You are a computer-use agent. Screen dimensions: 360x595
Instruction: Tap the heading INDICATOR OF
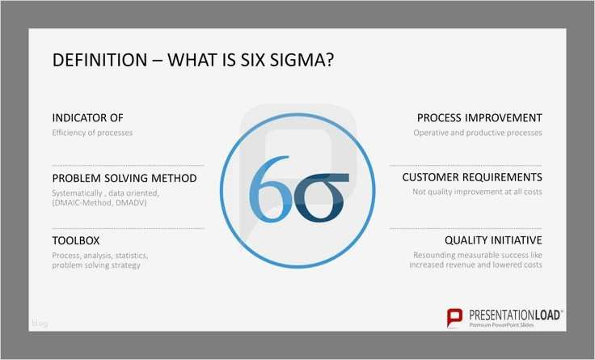(x=87, y=117)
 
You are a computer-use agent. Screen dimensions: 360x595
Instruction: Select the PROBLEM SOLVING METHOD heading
(x=124, y=178)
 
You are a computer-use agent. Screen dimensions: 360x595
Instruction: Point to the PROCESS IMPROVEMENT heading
(x=479, y=117)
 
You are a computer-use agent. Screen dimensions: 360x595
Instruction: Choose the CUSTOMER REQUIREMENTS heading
(x=472, y=177)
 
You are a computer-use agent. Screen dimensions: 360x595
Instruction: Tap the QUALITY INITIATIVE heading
(x=493, y=240)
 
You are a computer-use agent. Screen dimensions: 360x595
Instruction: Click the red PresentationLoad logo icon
(x=456, y=316)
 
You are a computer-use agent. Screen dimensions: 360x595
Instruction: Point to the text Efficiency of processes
(x=92, y=132)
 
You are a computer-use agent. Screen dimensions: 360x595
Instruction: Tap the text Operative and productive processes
(x=478, y=132)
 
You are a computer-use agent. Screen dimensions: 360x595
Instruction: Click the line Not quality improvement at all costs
(x=477, y=192)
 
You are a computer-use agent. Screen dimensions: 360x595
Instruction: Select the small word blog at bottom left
(x=40, y=324)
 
